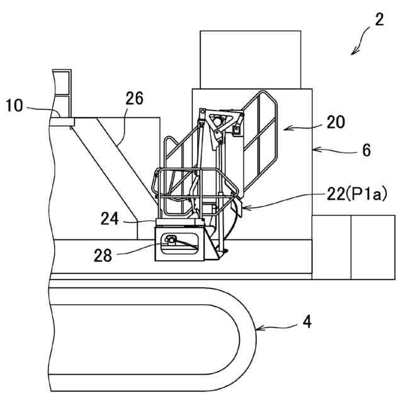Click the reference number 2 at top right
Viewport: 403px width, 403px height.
(378, 19)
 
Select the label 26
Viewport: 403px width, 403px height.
(134, 99)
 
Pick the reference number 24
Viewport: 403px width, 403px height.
(110, 219)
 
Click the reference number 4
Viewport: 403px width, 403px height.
(307, 322)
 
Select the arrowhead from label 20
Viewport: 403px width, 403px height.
(283, 130)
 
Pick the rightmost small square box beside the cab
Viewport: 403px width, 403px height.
(373, 247)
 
